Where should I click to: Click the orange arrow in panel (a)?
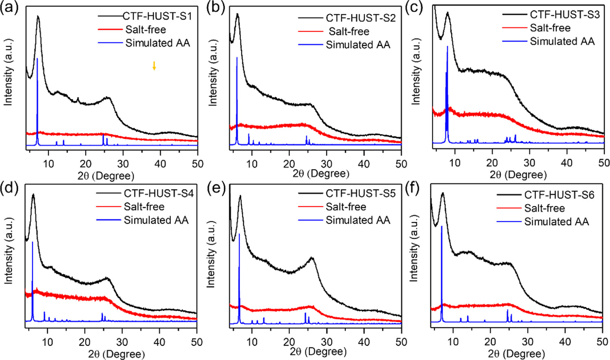click(x=154, y=65)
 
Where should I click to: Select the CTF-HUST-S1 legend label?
click(x=157, y=17)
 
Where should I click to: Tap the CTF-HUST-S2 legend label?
click(x=360, y=18)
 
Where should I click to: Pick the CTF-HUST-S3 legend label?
click(x=564, y=15)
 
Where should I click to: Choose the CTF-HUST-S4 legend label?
click(x=159, y=193)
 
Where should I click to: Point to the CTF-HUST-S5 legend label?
click(x=360, y=193)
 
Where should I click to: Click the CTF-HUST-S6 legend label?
click(x=559, y=195)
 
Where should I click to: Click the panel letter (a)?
click(x=9, y=8)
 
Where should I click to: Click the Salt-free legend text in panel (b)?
click(x=349, y=31)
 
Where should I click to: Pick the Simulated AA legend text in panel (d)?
click(x=156, y=220)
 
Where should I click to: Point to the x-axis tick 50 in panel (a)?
click(x=197, y=164)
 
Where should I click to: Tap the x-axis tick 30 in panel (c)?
click(x=529, y=163)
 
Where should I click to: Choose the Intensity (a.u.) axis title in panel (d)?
click(x=9, y=251)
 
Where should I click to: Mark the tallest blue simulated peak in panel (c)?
click(x=447, y=47)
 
